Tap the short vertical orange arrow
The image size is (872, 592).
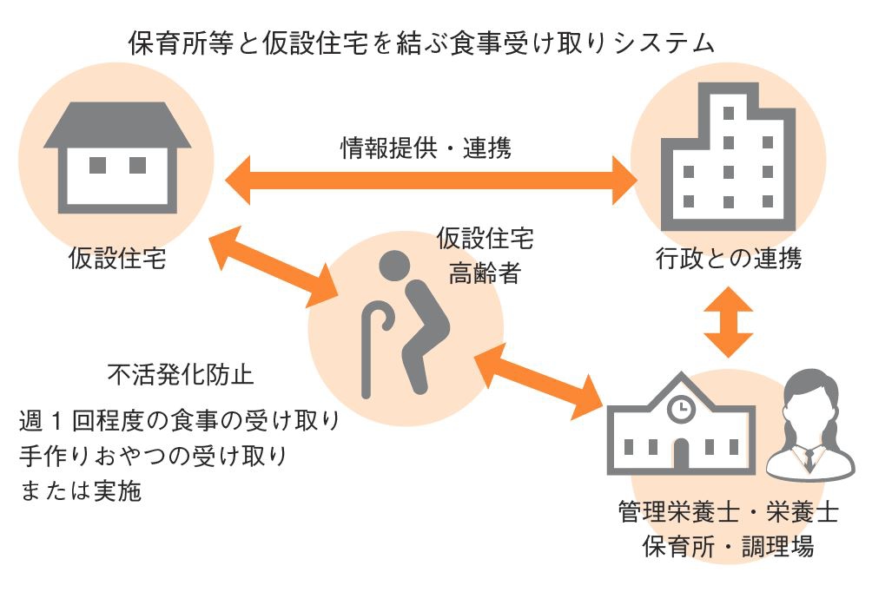(x=728, y=321)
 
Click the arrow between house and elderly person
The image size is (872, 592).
(x=274, y=265)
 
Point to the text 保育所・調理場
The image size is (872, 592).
(x=728, y=547)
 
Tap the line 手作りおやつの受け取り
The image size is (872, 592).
(x=152, y=455)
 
